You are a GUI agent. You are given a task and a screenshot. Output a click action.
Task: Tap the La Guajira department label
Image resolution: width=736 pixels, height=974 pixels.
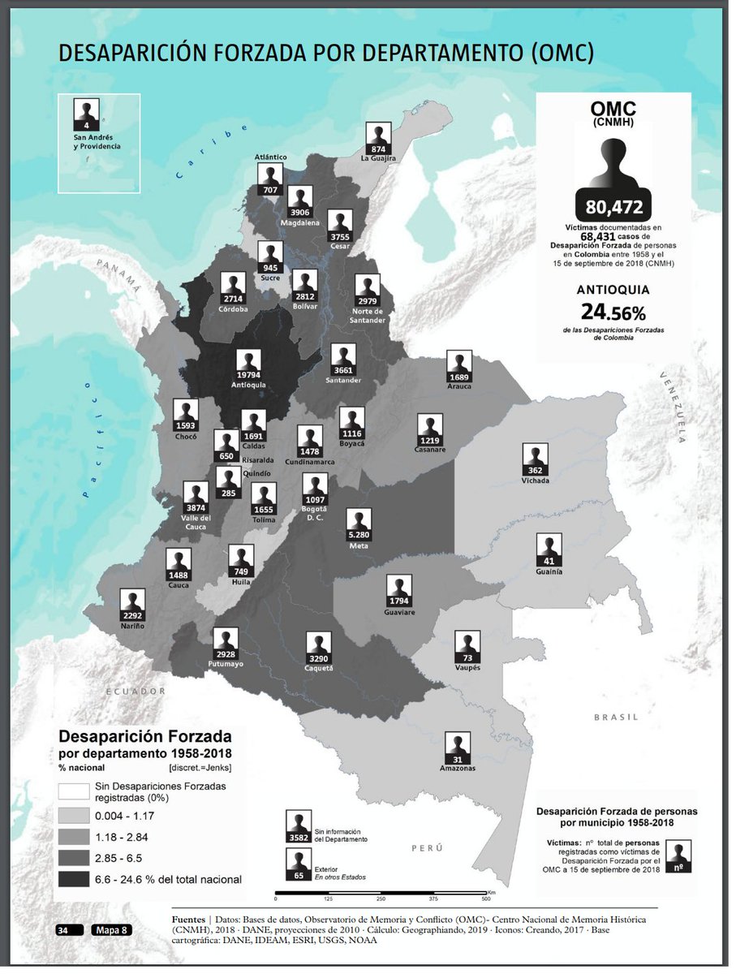point(378,159)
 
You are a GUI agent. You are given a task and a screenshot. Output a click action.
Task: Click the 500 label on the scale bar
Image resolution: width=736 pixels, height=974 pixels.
point(485,899)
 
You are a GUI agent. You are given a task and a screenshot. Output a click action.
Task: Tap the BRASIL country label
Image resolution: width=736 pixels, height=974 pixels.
point(616,718)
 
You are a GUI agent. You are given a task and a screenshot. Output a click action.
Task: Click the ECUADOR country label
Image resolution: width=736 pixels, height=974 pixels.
point(136,691)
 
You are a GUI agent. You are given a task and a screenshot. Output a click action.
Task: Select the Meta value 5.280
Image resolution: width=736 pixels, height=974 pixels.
point(359,535)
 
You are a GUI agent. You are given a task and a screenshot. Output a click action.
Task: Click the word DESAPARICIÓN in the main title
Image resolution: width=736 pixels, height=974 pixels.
point(149,54)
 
